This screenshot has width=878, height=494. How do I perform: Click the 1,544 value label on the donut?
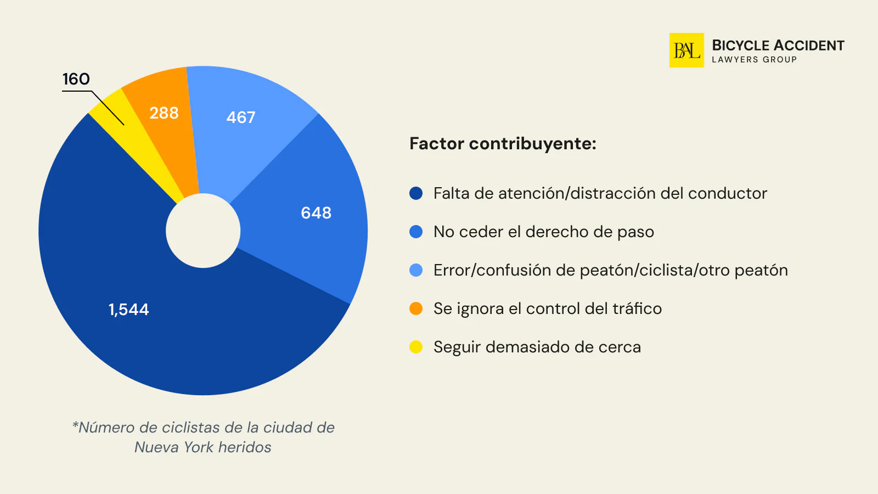click(x=129, y=310)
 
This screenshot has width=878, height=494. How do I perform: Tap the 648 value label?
click(x=316, y=213)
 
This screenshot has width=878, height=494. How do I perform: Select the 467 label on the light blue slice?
click(x=241, y=117)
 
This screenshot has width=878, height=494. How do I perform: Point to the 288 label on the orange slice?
click(x=164, y=113)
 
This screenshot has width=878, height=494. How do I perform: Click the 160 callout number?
click(x=76, y=79)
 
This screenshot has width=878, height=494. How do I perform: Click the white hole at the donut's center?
click(x=203, y=231)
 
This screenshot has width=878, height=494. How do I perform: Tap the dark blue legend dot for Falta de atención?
click(x=416, y=193)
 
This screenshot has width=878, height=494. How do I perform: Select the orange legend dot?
click(x=416, y=308)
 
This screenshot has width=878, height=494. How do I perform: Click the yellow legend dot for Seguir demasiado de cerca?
click(x=416, y=347)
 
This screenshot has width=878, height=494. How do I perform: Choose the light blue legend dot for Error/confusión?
click(x=416, y=270)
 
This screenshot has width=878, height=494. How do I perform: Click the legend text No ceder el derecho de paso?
click(x=543, y=232)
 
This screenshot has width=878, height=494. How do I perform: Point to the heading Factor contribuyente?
click(x=503, y=144)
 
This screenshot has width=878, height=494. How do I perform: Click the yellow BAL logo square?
click(x=686, y=50)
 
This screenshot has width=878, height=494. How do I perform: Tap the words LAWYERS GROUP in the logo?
click(x=754, y=60)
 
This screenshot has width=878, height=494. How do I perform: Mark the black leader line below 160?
click(x=108, y=108)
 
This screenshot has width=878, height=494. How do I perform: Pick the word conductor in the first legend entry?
click(x=727, y=193)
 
